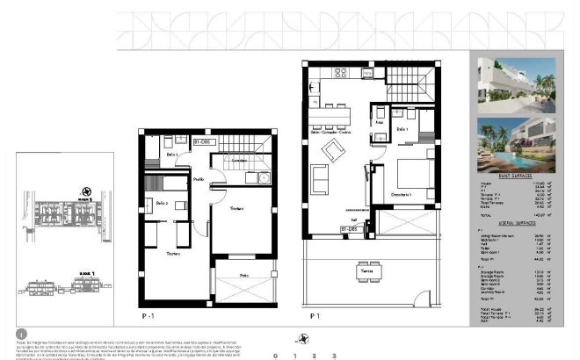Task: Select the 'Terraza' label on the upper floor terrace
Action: tap(365, 271)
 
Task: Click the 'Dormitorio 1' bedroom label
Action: tap(402, 193)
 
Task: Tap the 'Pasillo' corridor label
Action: tap(199, 179)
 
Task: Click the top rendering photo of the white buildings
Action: tap(516, 83)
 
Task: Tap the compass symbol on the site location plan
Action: tap(84, 191)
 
